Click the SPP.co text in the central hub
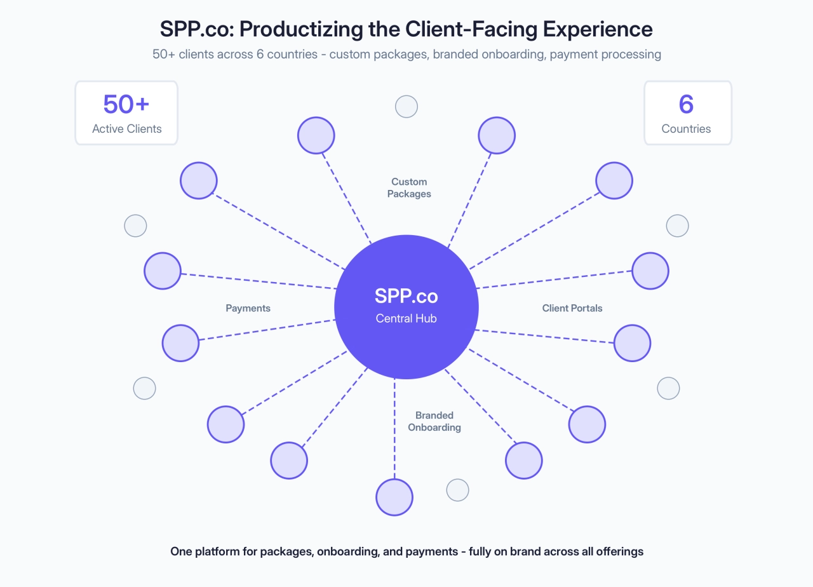(x=406, y=296)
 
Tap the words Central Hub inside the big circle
(x=406, y=318)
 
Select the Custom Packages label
(x=409, y=188)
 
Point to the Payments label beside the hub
(x=248, y=308)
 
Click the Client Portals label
(x=572, y=308)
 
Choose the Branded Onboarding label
(x=434, y=421)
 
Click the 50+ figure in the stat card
(x=126, y=105)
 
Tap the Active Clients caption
(x=126, y=129)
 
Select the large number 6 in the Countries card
(x=686, y=105)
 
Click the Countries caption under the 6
(x=686, y=129)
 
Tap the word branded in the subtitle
(x=455, y=54)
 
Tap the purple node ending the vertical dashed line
(x=394, y=497)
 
